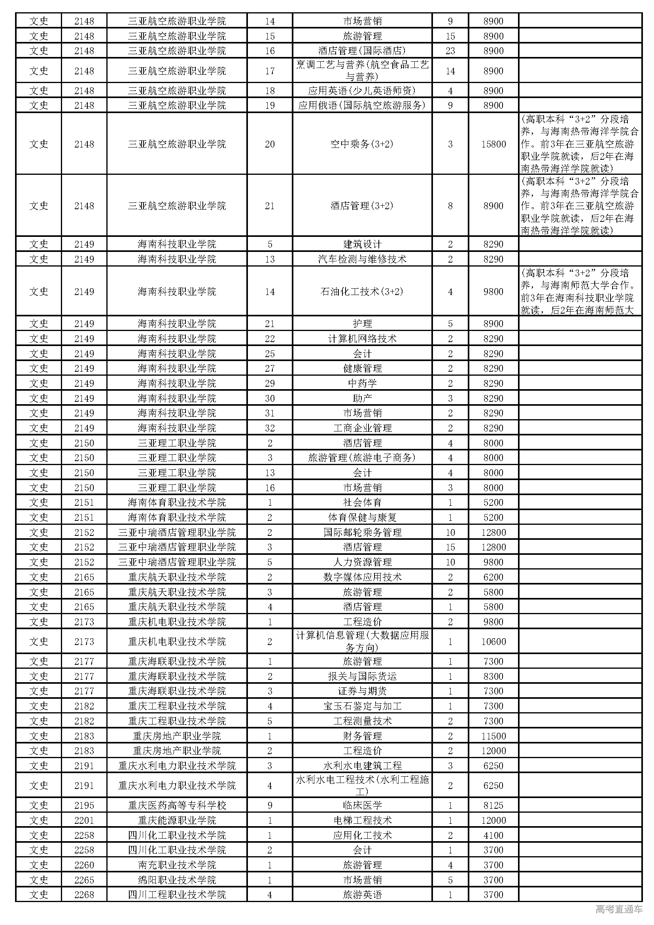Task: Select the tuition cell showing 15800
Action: tap(493, 144)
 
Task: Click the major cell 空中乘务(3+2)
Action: tap(362, 144)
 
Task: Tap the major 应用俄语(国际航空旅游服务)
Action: tap(362, 105)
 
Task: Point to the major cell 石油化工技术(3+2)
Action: tap(362, 291)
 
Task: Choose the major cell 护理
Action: tap(362, 323)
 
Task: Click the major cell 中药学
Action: tap(362, 383)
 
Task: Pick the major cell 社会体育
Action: tap(362, 502)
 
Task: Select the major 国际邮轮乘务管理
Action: tap(362, 532)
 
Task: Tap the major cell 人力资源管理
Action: tap(362, 562)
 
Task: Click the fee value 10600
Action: tap(493, 641)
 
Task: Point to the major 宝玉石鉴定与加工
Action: tap(362, 706)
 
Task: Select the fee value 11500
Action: tap(493, 736)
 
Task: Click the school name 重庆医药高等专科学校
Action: tap(177, 805)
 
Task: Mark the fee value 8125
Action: tap(493, 805)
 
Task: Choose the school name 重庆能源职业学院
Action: tap(177, 820)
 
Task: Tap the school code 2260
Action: tap(84, 865)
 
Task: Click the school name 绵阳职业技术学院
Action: tap(177, 880)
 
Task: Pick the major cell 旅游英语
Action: tap(362, 895)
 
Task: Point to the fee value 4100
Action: tap(493, 835)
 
